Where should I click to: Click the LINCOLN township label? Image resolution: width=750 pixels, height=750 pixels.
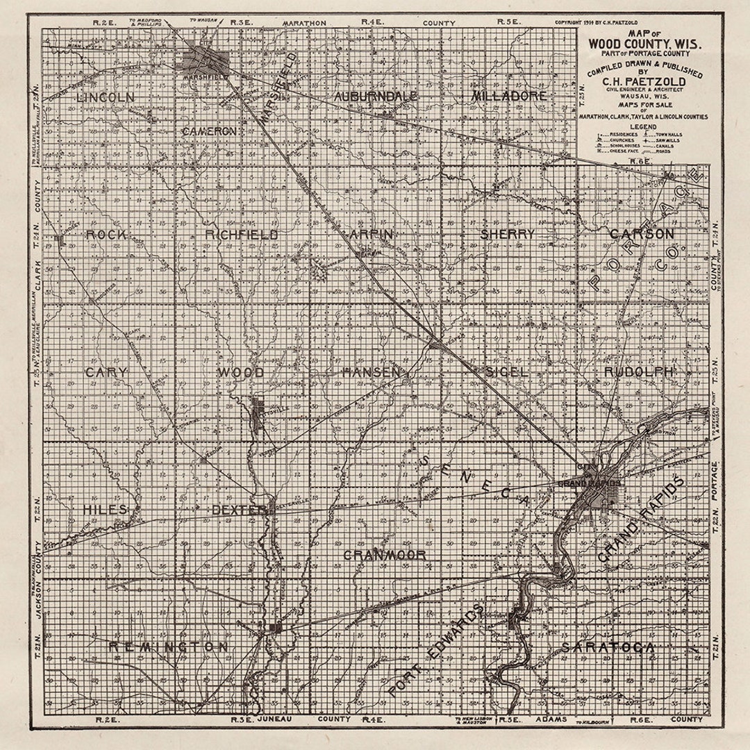106,97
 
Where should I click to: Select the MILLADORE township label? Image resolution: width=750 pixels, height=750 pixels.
509,96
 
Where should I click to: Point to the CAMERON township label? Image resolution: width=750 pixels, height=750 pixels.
210,131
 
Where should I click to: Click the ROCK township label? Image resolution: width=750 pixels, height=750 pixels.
106,235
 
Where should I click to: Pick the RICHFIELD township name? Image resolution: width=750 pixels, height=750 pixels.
242,235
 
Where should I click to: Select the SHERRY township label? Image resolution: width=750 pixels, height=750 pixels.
508,234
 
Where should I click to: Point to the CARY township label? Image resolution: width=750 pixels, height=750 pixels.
106,372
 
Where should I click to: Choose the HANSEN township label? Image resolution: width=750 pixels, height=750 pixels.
372,372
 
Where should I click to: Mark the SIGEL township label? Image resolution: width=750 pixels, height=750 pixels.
507,372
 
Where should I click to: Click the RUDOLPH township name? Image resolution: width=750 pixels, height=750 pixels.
640,372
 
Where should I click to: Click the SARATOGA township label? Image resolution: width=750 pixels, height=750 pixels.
608,647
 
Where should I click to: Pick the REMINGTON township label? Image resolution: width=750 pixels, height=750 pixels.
169,647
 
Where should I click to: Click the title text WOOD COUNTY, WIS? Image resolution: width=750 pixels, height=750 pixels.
645,43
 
